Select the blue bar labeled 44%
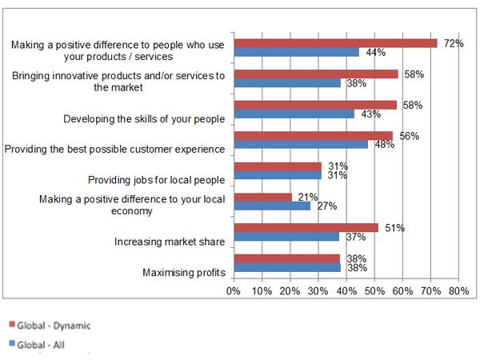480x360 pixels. (296, 52)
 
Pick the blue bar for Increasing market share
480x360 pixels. (286, 237)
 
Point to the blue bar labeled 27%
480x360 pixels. (271, 206)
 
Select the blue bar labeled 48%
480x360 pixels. (301, 145)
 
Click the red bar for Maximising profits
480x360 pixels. (286, 258)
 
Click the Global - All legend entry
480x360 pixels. (43, 345)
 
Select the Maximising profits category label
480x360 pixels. (182, 273)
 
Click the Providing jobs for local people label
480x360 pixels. (155, 180)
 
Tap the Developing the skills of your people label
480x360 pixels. (143, 119)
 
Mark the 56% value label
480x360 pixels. (409, 136)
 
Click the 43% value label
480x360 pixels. (369, 114)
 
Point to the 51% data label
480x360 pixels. (394, 228)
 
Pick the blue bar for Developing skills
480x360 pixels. (294, 114)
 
